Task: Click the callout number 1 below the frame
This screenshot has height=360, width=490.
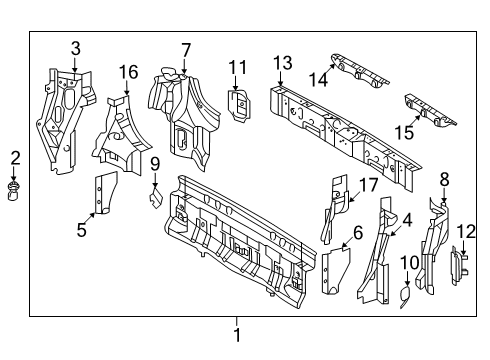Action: point(237,335)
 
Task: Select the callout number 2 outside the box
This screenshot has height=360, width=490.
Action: point(15,156)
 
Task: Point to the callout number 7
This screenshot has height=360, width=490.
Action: point(186,49)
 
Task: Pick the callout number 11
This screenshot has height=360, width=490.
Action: point(236,67)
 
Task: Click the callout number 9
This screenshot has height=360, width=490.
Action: point(156,163)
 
